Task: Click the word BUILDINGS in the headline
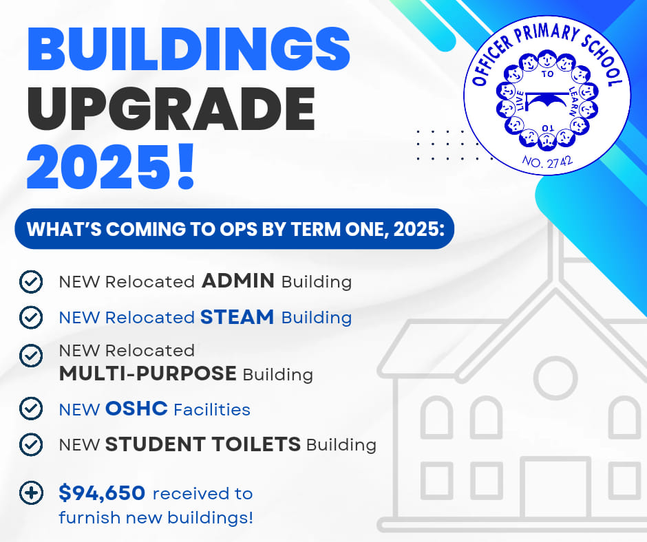coord(189,50)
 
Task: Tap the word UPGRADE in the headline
coord(171,109)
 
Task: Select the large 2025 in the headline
coord(98,167)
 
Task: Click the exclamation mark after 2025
coord(184,165)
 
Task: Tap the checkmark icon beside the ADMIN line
coord(31,282)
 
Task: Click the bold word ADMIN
coord(238,281)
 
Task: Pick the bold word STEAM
coord(237,317)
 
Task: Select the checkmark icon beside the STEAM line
coord(31,317)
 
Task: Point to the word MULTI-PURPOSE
coord(148,373)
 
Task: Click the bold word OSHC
coord(136,409)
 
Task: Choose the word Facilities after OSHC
coord(212,409)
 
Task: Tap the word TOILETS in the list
coord(256,444)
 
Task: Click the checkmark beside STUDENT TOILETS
coord(31,444)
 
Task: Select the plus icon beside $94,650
coord(31,492)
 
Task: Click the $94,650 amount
coord(102,492)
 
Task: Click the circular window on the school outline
coord(555,378)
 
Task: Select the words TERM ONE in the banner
coord(337,229)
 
